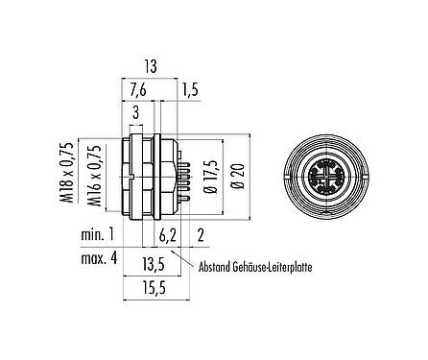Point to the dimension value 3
click(136, 113)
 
